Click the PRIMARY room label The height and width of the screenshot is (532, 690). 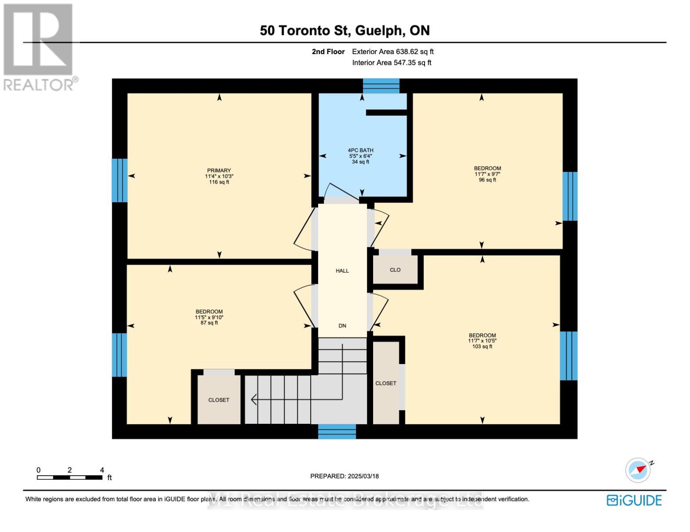click(x=219, y=170)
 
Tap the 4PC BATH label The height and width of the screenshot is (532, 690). click(x=360, y=150)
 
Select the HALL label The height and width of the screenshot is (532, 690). click(x=342, y=270)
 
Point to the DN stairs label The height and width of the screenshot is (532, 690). click(x=342, y=325)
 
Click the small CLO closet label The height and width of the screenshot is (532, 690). click(x=395, y=270)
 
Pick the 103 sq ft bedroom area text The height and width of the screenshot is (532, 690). click(x=482, y=347)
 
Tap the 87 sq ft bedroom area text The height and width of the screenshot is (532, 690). click(x=209, y=323)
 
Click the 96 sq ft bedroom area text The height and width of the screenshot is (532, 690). click(x=487, y=180)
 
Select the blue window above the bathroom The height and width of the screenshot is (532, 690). click(x=381, y=86)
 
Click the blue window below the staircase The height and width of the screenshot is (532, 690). click(x=337, y=432)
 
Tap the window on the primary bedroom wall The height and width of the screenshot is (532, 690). click(x=120, y=180)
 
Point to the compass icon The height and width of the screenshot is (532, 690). click(x=638, y=470)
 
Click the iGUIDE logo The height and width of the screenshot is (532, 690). click(x=634, y=500)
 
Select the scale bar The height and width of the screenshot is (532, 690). click(x=70, y=477)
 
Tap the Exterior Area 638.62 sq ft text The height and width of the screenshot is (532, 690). click(x=393, y=51)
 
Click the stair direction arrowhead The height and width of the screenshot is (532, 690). click(x=254, y=399)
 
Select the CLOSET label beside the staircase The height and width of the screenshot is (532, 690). click(x=219, y=400)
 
